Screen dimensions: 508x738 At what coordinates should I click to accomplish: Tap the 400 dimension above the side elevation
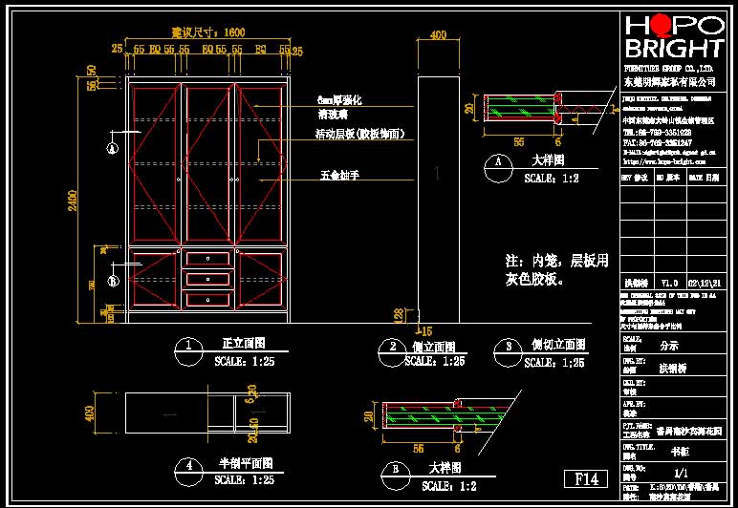click(x=438, y=35)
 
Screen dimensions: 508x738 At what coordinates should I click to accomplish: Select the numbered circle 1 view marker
click(x=192, y=346)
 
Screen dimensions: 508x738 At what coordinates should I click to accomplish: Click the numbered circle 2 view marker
click(x=391, y=346)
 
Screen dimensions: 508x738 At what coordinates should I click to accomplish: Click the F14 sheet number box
click(x=585, y=478)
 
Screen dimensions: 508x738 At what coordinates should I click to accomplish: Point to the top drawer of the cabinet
click(x=208, y=259)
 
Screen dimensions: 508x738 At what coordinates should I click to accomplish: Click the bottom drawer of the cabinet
click(x=208, y=299)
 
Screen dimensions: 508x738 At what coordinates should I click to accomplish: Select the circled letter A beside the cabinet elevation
click(x=112, y=148)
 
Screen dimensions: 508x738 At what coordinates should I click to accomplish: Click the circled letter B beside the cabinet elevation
click(x=112, y=281)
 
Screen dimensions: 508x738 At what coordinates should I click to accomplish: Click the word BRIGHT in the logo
click(x=673, y=49)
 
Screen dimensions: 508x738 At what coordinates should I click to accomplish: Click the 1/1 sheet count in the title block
click(x=681, y=472)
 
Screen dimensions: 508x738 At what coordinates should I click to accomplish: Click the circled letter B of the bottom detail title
click(x=395, y=469)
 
